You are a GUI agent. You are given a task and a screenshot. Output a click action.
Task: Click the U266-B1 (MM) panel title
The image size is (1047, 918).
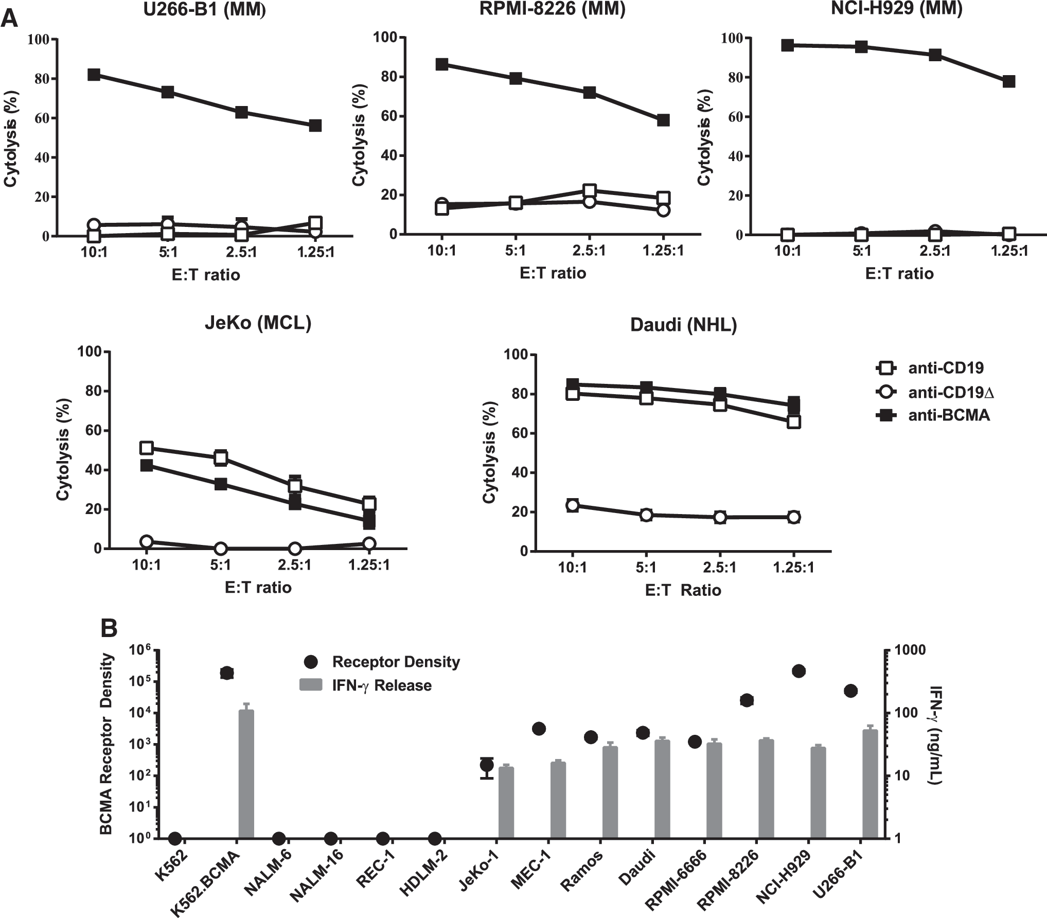(x=205, y=10)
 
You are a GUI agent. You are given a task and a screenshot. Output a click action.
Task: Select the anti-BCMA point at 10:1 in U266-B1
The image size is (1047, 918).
(x=94, y=75)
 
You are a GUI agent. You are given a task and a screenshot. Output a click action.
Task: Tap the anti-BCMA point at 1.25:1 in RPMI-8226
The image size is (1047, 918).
(x=663, y=120)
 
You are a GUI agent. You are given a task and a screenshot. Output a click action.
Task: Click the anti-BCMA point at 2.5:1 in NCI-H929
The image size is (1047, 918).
(x=935, y=55)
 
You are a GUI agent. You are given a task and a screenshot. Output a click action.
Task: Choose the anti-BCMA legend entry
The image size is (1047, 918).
(x=933, y=415)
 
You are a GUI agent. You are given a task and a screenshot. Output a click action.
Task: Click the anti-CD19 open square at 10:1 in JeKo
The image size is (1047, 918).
(x=147, y=448)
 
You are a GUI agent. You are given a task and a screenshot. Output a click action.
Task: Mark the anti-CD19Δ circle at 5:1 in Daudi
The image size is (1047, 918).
(x=646, y=515)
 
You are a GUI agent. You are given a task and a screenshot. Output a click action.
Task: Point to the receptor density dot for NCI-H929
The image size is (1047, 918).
(x=798, y=671)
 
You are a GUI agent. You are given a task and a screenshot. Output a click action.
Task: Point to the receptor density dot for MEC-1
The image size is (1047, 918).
(x=539, y=729)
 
